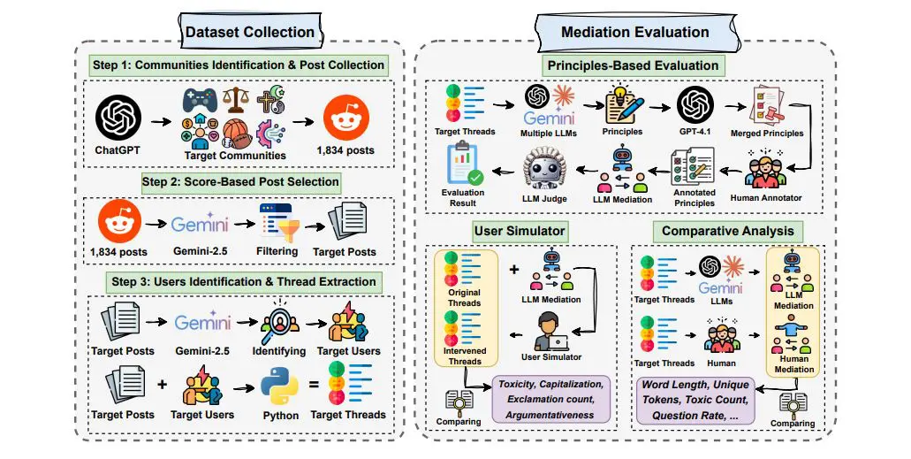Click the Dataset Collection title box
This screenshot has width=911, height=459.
(249, 33)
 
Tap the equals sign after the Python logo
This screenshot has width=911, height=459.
(314, 387)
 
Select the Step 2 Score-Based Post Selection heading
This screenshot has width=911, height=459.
(241, 181)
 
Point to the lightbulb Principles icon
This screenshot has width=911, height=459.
(623, 106)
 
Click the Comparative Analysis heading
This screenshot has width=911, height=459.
(727, 232)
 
